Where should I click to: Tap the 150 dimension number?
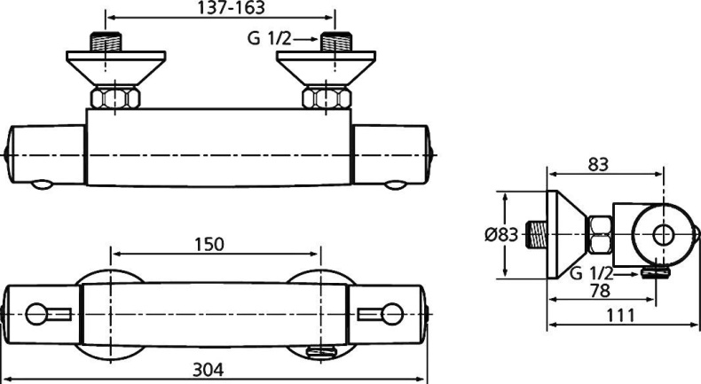point(209,244)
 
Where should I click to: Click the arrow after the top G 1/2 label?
point(305,39)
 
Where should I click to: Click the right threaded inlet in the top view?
point(336,42)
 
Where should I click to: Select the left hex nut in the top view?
point(110,97)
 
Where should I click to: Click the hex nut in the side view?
point(601,236)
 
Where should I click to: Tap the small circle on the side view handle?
point(663,235)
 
